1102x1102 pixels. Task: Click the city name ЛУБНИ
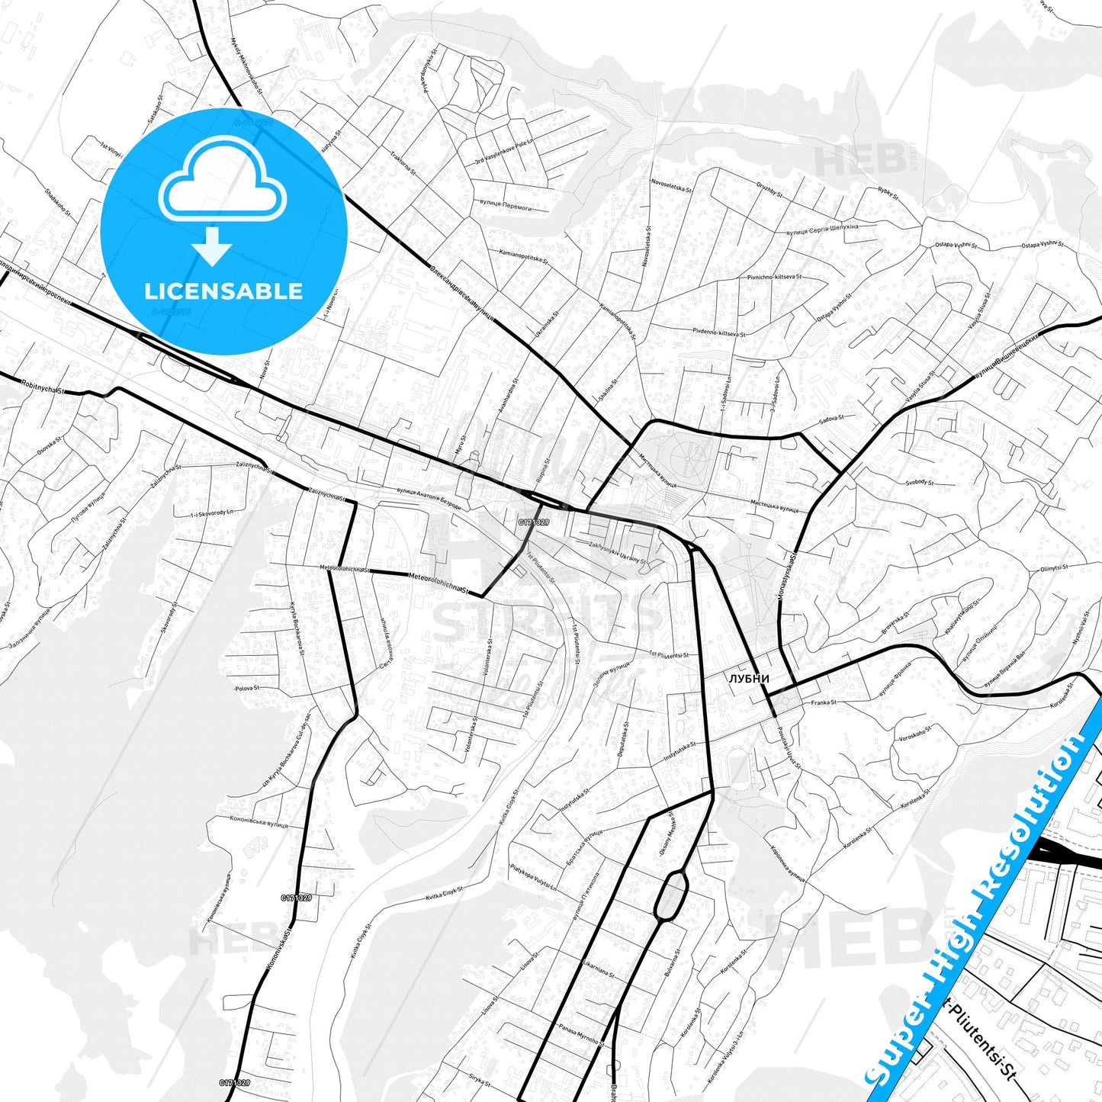coord(748,678)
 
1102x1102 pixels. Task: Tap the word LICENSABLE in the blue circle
coord(223,291)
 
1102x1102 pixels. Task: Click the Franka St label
coord(824,702)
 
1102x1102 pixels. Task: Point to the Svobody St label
coord(920,482)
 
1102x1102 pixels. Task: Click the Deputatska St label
coord(626,737)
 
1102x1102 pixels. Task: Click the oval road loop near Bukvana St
coord(671,895)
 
